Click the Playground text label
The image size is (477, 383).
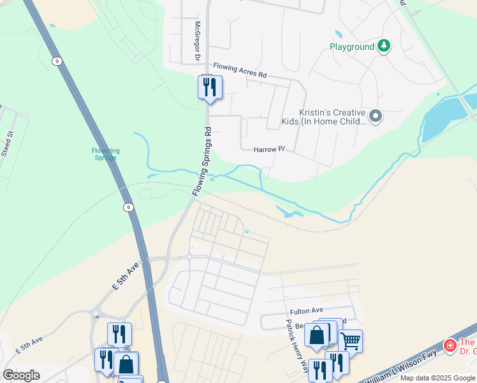[x=351, y=47]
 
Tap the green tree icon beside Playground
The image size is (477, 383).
[x=383, y=46]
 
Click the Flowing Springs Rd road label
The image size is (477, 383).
[x=202, y=161]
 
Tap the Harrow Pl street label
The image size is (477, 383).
[x=268, y=149]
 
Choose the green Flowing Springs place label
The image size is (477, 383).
[x=105, y=154]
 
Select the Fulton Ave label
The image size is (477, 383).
[x=308, y=310]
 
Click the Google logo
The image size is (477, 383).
[x=21, y=375]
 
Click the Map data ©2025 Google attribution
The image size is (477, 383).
[x=437, y=378]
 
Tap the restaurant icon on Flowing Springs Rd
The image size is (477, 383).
[x=210, y=87]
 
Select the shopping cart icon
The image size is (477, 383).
[x=350, y=340]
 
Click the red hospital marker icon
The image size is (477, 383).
[x=450, y=345]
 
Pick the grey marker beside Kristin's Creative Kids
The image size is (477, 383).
[x=376, y=116]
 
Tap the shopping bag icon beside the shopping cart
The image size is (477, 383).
[x=317, y=335]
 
